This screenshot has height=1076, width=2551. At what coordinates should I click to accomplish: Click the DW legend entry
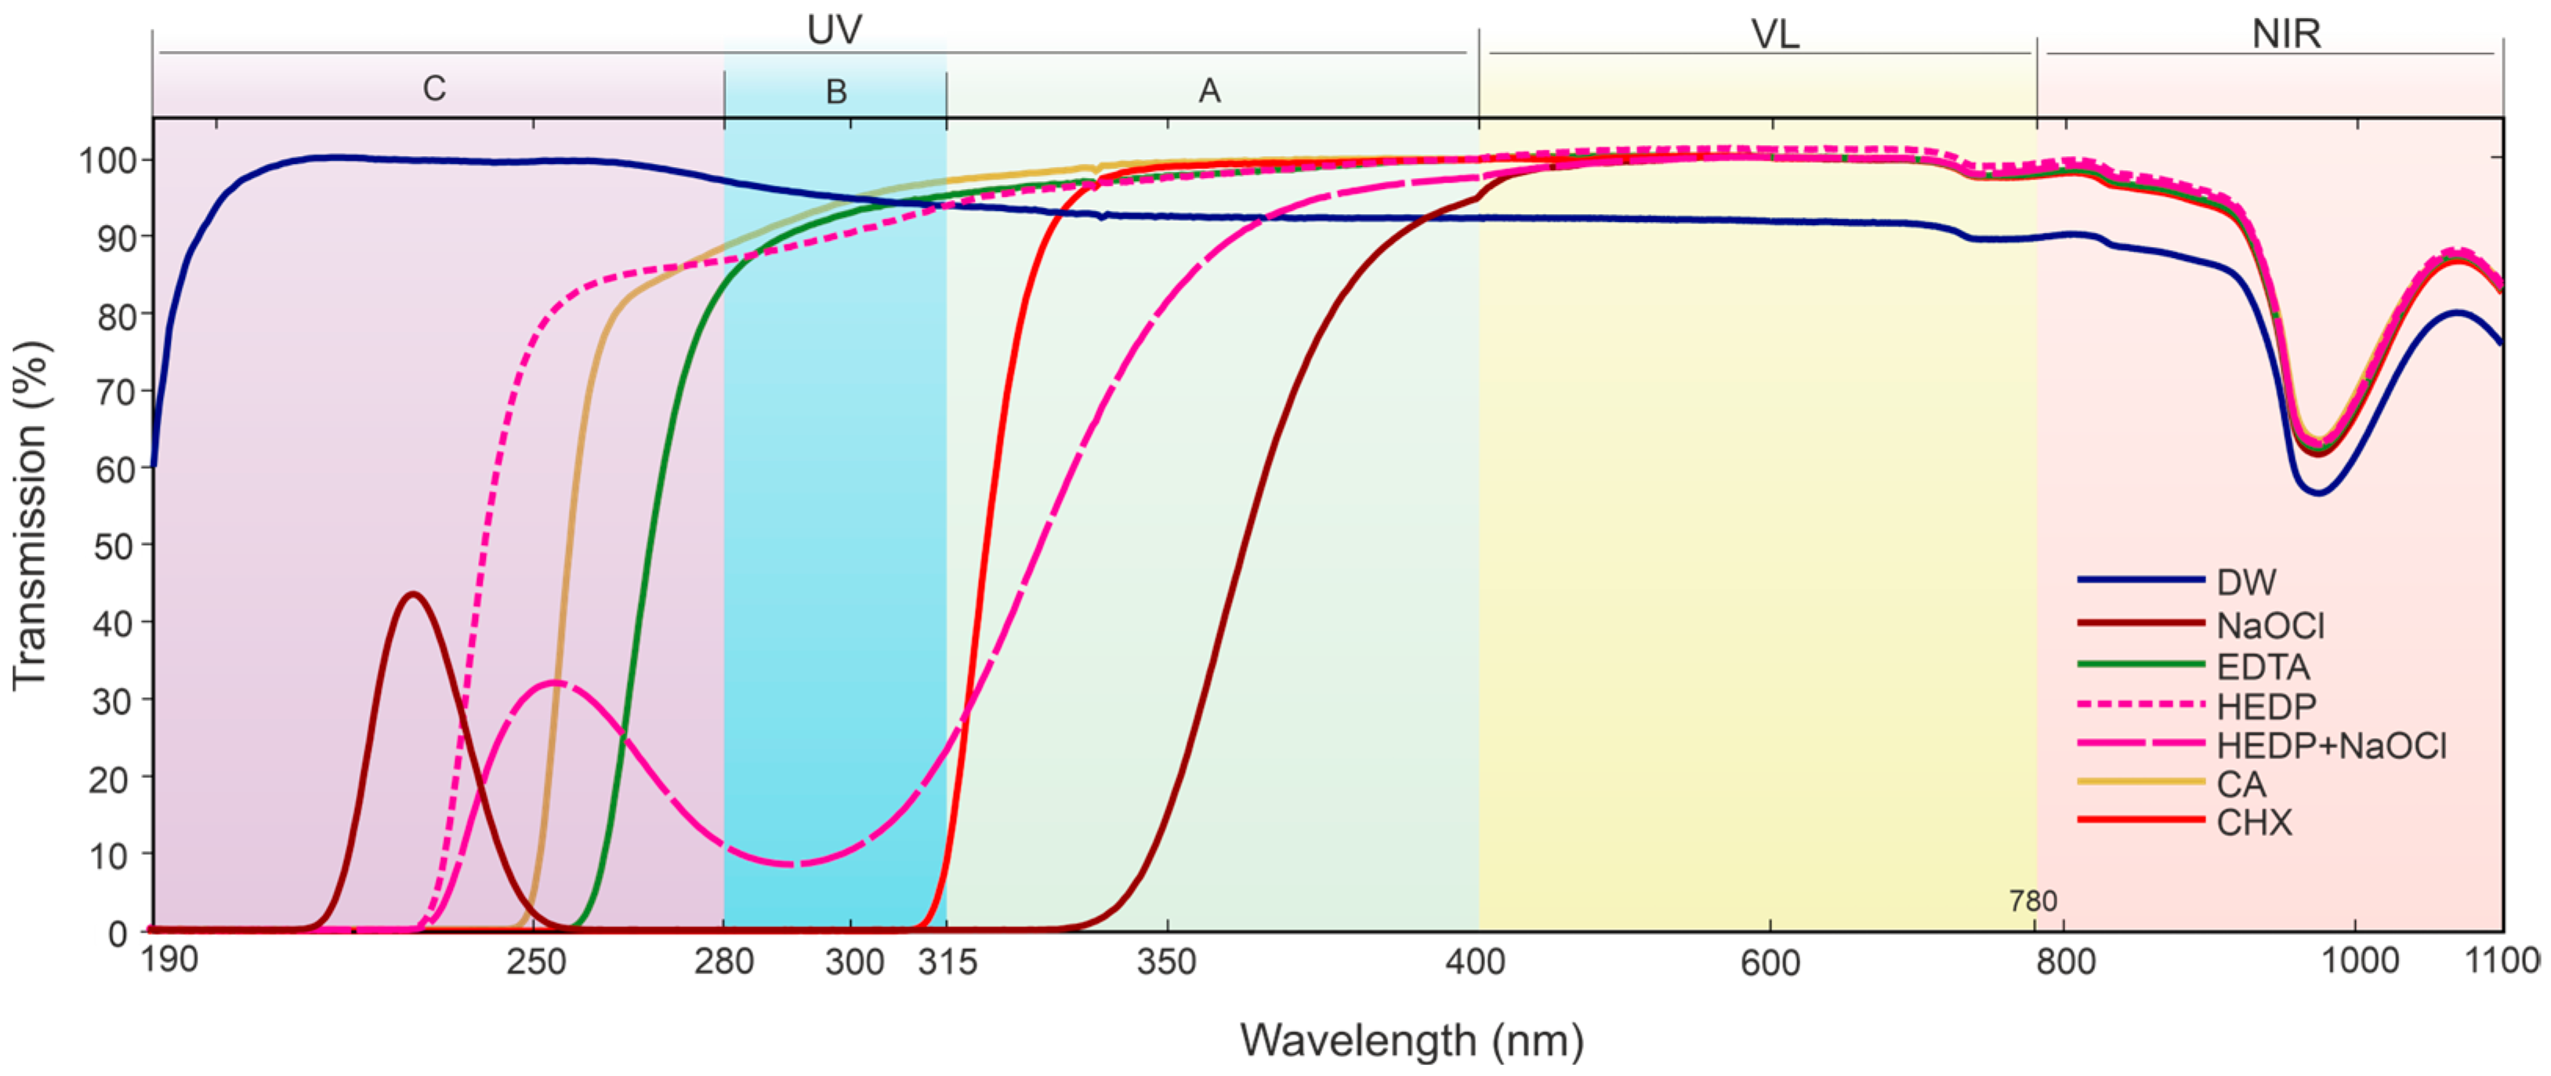[2246, 583]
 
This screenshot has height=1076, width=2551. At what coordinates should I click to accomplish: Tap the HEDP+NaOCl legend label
[2330, 746]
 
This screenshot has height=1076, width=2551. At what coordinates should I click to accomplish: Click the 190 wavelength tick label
[169, 960]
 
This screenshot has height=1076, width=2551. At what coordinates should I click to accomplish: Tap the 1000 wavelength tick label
[2360, 961]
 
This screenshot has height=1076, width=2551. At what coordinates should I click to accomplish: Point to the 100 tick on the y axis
[103, 159]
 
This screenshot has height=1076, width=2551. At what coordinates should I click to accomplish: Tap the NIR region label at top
[2285, 35]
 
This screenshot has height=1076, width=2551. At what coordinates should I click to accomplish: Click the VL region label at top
[1774, 35]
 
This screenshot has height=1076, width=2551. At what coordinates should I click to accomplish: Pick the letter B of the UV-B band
[835, 92]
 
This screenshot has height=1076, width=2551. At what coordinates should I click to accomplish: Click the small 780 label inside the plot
[2032, 900]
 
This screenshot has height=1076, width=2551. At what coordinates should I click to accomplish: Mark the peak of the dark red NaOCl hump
[413, 594]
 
